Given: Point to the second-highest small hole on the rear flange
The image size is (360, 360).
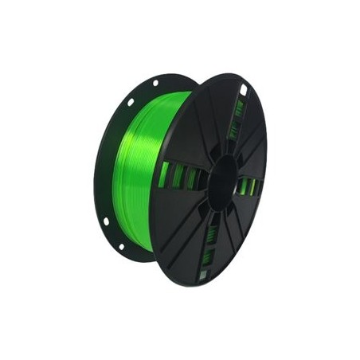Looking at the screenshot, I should pos(130,102).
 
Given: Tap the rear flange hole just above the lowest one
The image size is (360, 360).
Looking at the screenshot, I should pos(105,221).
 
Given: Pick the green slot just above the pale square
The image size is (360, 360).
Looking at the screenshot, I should pos(207,256).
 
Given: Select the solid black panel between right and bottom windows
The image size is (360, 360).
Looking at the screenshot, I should pos(239,231).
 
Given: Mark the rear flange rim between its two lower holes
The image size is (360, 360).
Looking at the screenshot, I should pos(112,236).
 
